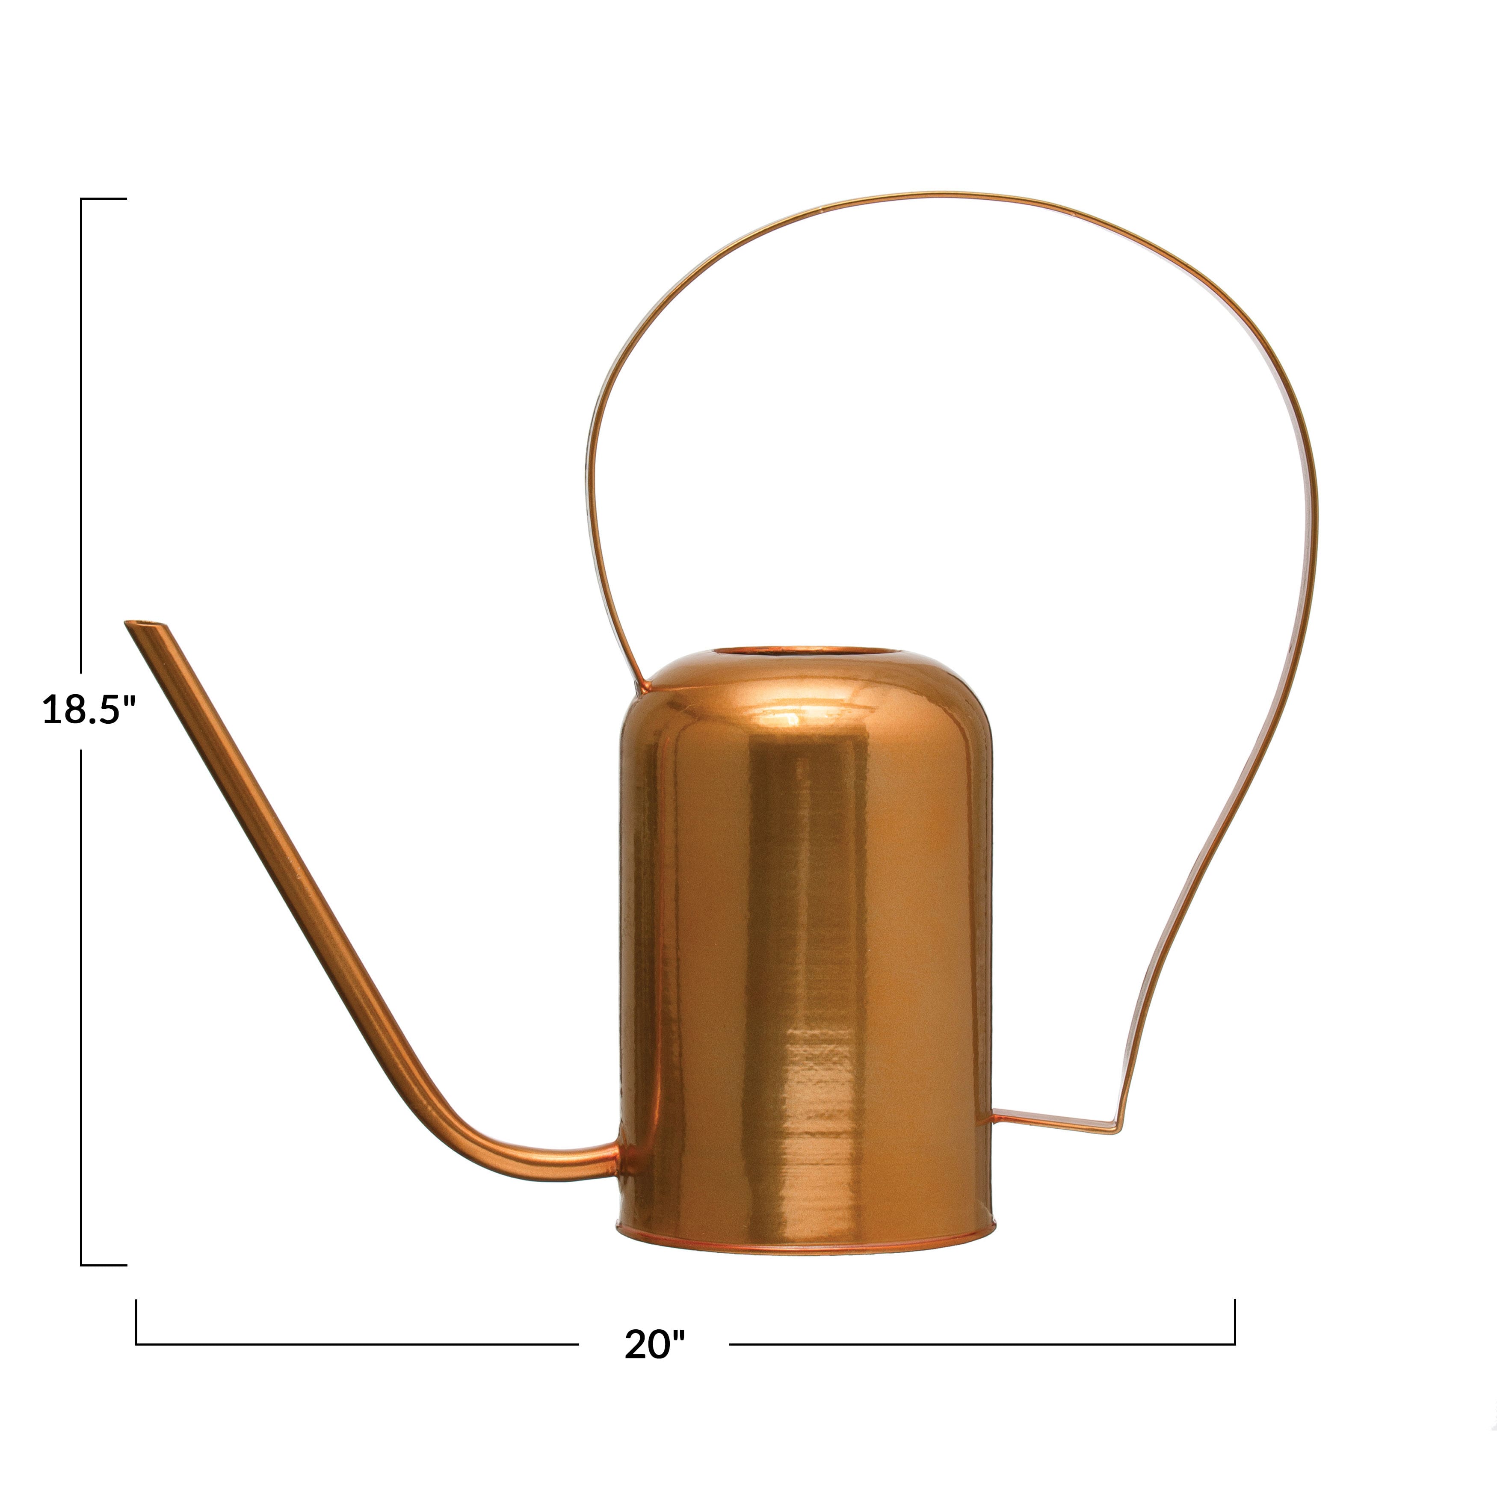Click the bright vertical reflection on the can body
coord(806,930)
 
